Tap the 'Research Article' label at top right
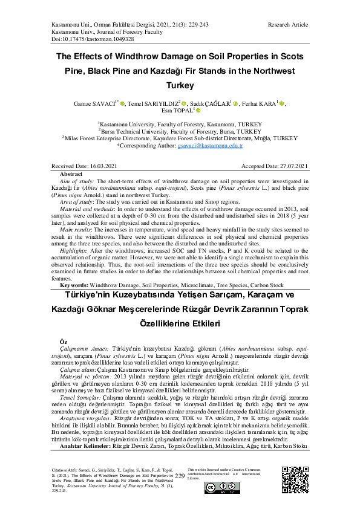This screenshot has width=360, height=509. pos(287,25)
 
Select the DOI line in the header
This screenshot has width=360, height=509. pos(84,39)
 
